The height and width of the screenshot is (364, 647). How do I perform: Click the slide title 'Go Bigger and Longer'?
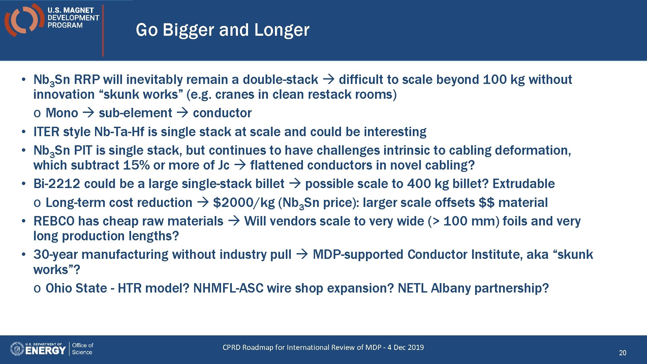coord(222,30)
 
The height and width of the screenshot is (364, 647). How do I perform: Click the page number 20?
coord(622,353)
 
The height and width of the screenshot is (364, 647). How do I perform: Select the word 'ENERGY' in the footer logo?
coord(45,351)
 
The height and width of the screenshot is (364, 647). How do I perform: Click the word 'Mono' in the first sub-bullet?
coord(62,113)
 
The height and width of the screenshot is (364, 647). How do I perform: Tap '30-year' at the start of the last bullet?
coord(56,255)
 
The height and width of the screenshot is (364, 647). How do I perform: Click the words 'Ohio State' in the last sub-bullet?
coord(76,289)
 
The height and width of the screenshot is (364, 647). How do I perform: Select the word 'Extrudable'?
coord(523,184)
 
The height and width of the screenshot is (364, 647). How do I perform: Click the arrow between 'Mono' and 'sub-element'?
coord(88,113)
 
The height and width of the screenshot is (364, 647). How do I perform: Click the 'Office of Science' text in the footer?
coord(82,349)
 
